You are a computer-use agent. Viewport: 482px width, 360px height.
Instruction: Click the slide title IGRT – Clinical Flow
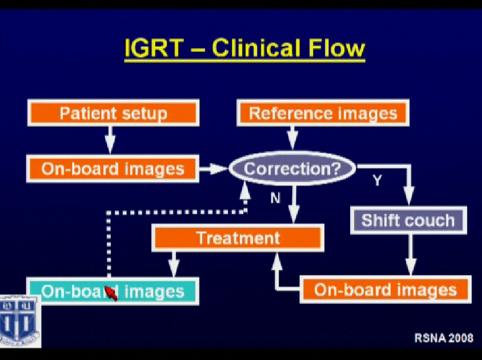(244, 49)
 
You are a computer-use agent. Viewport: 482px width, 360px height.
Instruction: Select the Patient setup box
(113, 113)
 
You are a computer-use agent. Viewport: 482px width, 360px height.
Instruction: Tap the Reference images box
(323, 113)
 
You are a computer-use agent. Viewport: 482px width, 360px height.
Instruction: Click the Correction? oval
(292, 169)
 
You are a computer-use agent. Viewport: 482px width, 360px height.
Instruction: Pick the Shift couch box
(408, 220)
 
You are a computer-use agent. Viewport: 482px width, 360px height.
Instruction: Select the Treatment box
(238, 238)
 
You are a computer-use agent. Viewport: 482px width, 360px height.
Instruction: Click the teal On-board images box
(113, 291)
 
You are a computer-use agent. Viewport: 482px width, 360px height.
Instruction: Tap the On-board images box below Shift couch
(385, 289)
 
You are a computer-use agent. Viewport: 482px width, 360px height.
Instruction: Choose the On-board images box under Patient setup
(113, 169)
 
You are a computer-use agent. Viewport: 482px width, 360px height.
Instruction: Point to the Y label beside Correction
(377, 181)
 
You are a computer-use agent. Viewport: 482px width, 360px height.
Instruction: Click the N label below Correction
(275, 198)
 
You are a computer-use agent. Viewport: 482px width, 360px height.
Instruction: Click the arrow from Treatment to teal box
(174, 265)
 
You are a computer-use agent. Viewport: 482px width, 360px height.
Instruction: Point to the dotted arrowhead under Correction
(244, 191)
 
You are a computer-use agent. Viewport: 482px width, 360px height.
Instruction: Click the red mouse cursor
(111, 293)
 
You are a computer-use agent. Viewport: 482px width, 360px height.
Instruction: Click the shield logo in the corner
(20, 321)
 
